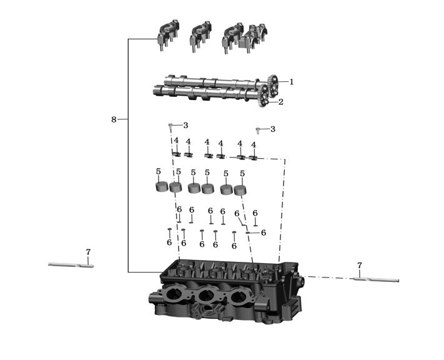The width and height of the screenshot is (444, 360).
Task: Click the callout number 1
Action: click(x=292, y=82)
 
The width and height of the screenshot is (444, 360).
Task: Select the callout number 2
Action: click(x=280, y=102)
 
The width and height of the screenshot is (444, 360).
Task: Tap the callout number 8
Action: click(x=114, y=119)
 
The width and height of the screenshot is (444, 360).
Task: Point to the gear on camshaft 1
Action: click(x=274, y=86)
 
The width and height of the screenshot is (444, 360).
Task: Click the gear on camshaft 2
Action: click(x=264, y=97)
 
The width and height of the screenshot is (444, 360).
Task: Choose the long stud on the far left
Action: click(x=71, y=265)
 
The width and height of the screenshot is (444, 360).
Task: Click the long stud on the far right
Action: click(x=377, y=280)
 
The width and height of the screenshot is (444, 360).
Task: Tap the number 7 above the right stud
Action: click(x=360, y=266)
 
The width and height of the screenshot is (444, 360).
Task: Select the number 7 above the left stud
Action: click(x=88, y=252)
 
